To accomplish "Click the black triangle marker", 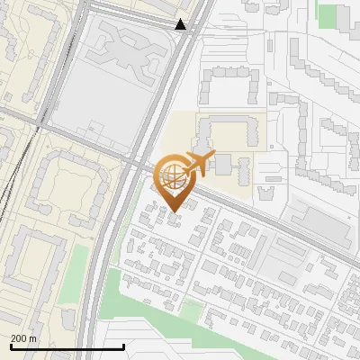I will (x=181, y=24).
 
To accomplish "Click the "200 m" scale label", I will (x=23, y=338).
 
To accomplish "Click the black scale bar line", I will (x=67, y=346).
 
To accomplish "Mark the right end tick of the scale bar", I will (x=123, y=346).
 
